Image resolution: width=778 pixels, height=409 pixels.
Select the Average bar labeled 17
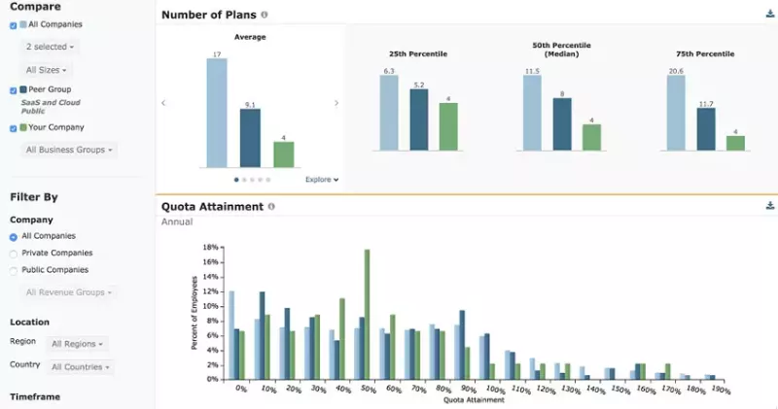(216, 113)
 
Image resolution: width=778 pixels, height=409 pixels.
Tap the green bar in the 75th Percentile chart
(735, 142)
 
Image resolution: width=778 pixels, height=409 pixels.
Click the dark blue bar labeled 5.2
(418, 120)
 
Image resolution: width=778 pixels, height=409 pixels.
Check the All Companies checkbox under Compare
(14, 25)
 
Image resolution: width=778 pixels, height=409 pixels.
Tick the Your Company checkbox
(14, 128)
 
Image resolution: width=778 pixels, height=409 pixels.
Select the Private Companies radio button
(14, 253)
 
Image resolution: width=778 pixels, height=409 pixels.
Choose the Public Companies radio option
(14, 270)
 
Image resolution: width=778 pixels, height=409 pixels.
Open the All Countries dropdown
(81, 367)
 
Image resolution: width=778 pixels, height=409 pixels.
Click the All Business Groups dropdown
(70, 150)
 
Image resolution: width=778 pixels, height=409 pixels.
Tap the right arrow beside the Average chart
(336, 103)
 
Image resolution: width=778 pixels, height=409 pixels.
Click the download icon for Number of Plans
(770, 15)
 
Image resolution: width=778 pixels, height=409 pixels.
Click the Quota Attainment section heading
(212, 206)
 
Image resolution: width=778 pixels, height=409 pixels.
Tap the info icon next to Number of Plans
(265, 16)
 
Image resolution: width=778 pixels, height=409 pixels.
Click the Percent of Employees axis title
(194, 313)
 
